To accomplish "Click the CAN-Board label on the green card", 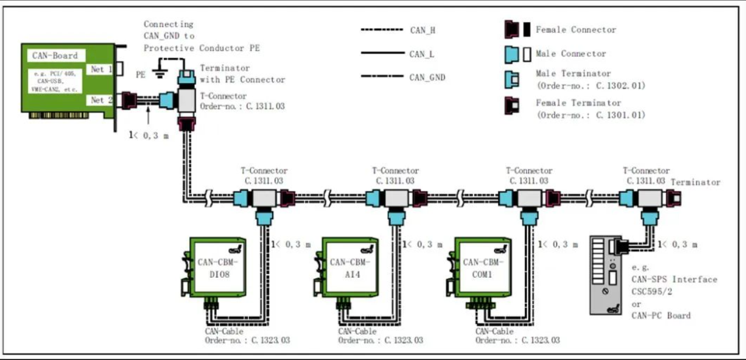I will click(x=55, y=56).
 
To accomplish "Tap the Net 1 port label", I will click(x=101, y=69).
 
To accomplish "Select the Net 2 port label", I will click(x=101, y=100).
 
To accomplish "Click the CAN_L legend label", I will click(x=421, y=54).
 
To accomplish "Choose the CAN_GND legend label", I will click(x=427, y=77).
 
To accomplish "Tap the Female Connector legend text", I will click(x=576, y=30).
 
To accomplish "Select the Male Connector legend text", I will click(x=571, y=54).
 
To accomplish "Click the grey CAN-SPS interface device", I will click(x=609, y=274).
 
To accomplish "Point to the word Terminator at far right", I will click(x=695, y=183).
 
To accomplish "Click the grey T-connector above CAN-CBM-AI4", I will click(x=396, y=199).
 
